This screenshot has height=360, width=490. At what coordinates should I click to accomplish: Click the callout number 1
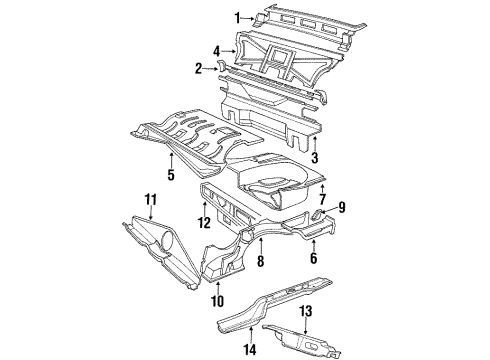point(238,17)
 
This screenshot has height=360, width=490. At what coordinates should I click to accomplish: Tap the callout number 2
point(200,68)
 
